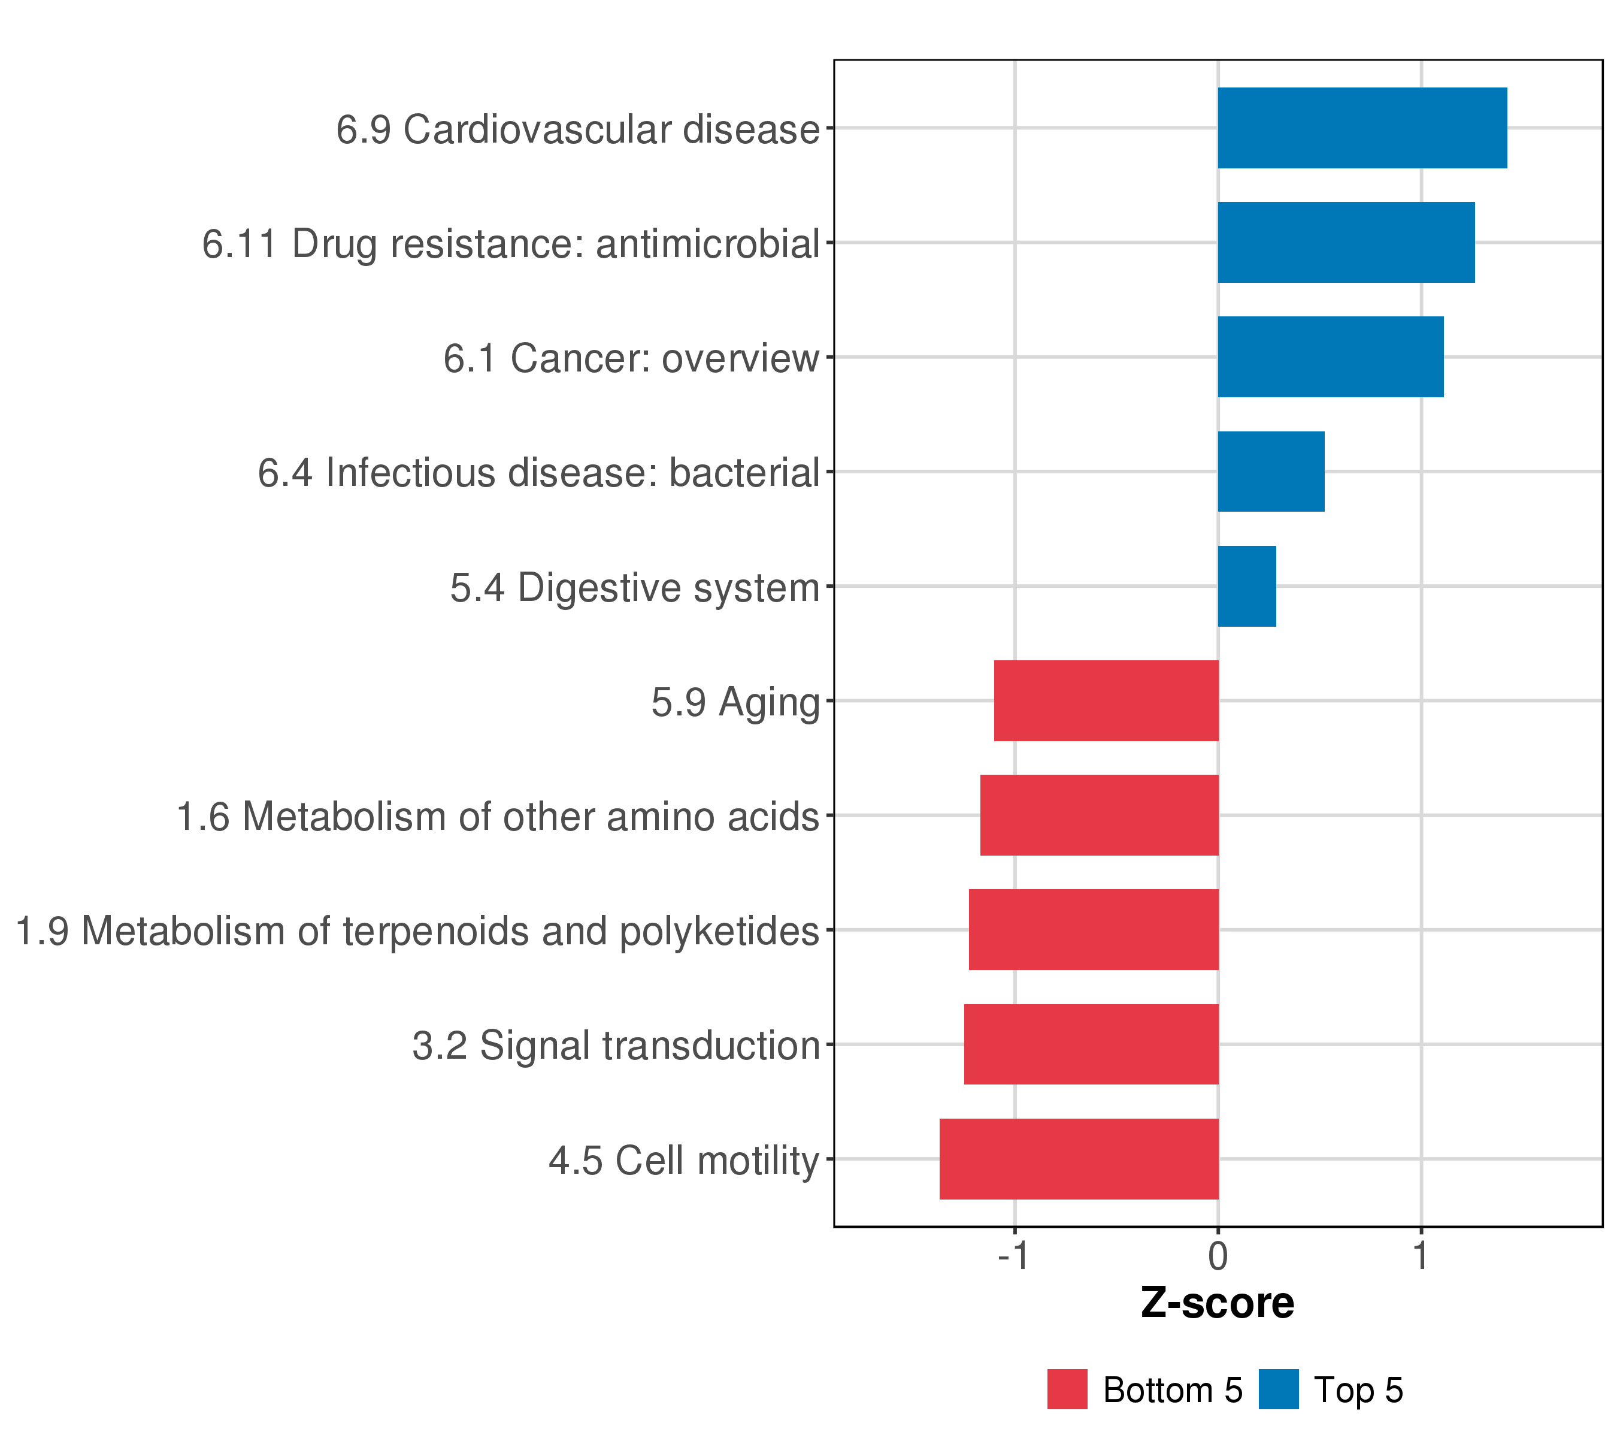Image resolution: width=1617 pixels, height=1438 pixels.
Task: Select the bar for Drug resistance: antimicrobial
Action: point(1346,242)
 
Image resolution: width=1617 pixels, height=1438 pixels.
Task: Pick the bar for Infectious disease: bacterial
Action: point(1270,472)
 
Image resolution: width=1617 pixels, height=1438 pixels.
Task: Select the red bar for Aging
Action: point(1106,700)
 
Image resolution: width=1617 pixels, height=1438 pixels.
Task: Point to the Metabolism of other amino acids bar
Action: point(1099,815)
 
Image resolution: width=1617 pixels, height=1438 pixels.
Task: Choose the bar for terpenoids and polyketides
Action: point(1094,929)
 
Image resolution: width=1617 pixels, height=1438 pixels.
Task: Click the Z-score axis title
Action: point(1218,1303)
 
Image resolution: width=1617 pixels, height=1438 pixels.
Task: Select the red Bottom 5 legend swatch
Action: point(1067,1389)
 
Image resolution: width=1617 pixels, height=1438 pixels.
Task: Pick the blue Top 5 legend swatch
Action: point(1279,1389)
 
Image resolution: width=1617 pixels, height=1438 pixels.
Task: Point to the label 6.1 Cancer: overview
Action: point(631,358)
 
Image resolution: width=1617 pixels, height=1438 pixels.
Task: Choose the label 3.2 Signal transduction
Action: point(616,1046)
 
